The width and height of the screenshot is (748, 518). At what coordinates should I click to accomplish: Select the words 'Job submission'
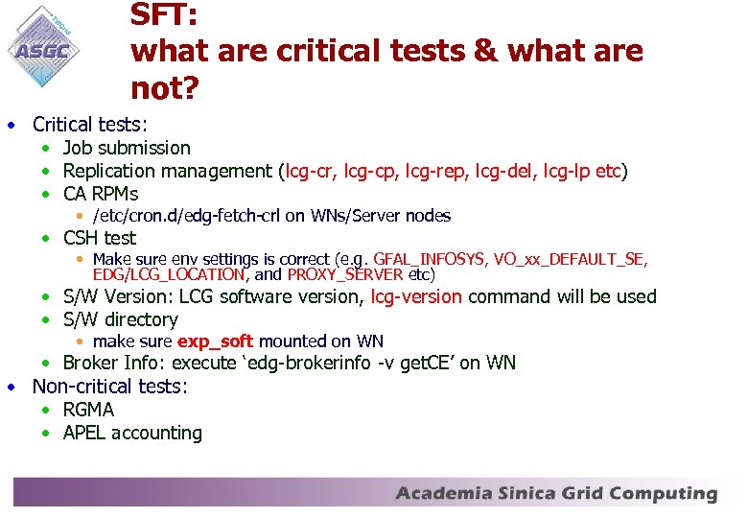click(x=127, y=148)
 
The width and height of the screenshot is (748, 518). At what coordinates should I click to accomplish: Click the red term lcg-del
click(x=506, y=171)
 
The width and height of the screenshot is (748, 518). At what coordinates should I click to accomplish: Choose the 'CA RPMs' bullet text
click(x=100, y=194)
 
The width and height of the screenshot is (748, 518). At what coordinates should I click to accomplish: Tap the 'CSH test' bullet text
click(x=100, y=238)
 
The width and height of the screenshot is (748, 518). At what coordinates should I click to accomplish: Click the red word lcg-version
click(x=416, y=296)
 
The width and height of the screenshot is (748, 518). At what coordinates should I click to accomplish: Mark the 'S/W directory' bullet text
click(x=120, y=319)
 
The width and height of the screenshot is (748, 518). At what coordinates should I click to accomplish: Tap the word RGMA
click(x=88, y=410)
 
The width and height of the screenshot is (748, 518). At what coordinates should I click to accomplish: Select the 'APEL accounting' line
click(x=132, y=433)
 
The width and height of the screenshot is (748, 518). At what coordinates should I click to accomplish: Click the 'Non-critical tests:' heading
click(x=110, y=387)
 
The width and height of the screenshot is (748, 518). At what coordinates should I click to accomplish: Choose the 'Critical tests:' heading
click(x=90, y=125)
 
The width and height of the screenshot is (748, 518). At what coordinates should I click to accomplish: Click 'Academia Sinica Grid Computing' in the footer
click(x=556, y=494)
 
